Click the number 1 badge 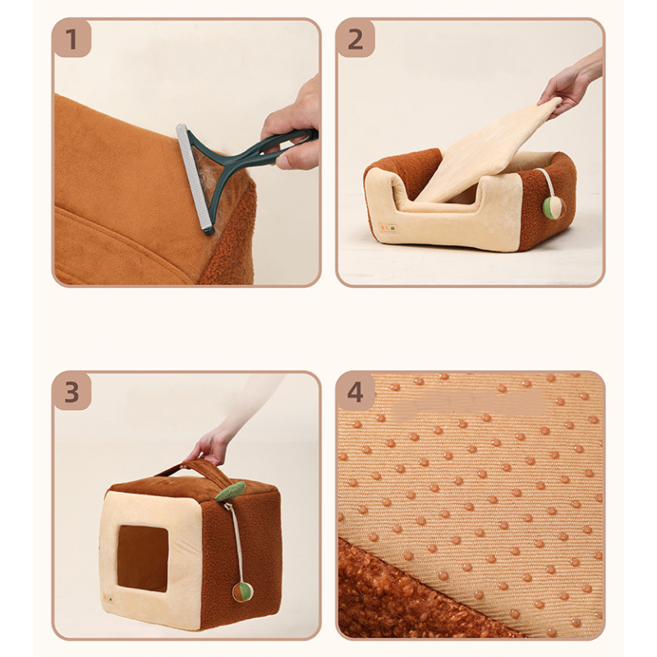(71, 39)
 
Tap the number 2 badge (356, 39)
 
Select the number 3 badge (71, 392)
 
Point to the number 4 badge (356, 392)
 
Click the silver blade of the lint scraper (195, 178)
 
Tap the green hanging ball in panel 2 (553, 206)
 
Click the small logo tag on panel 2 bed (388, 228)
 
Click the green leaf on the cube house (230, 491)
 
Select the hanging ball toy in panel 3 (242, 591)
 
